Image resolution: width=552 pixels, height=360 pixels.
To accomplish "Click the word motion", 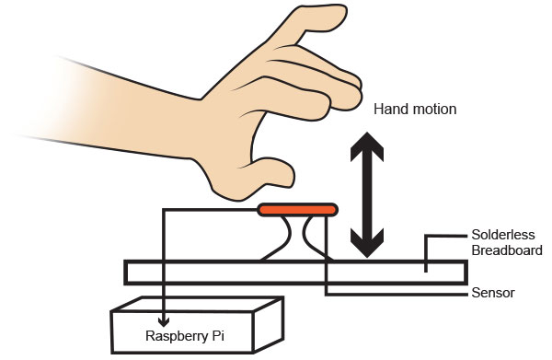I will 435,110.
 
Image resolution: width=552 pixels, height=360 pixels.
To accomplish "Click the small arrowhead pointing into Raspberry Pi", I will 164,321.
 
